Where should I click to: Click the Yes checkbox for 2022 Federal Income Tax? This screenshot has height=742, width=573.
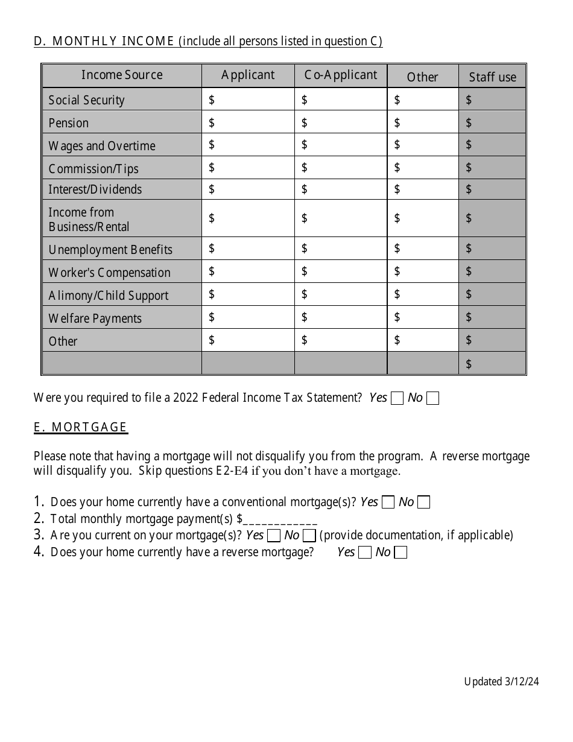pyautogui.click(x=397, y=398)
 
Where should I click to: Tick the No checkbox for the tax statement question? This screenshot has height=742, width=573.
pyautogui.click(x=432, y=398)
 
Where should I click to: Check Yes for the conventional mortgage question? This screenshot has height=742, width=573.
pyautogui.click(x=389, y=503)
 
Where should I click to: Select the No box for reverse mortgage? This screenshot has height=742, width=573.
pyautogui.click(x=400, y=553)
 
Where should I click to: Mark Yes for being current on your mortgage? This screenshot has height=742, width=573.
pyautogui.click(x=274, y=536)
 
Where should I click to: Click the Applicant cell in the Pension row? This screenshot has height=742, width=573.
pyautogui.click(x=248, y=122)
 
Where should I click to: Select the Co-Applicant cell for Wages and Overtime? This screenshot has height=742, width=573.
pyautogui.click(x=341, y=145)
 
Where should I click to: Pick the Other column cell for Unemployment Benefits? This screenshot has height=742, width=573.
pyautogui.click(x=423, y=249)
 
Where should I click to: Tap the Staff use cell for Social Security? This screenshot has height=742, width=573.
pyautogui.click(x=492, y=100)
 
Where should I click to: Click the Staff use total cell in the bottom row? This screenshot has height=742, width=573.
pyautogui.click(x=492, y=363)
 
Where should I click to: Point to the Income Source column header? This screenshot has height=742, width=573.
pyautogui.click(x=122, y=75)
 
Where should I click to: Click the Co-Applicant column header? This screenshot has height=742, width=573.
pyautogui.click(x=341, y=75)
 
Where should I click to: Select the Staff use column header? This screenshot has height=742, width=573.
pyautogui.click(x=492, y=77)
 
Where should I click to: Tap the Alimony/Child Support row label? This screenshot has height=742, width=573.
pyautogui.click(x=109, y=296)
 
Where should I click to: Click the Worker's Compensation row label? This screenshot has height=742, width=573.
pyautogui.click(x=109, y=273)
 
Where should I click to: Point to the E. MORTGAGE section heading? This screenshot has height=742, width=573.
pyautogui.click(x=80, y=428)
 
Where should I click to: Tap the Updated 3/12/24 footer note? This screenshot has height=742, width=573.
pyautogui.click(x=501, y=682)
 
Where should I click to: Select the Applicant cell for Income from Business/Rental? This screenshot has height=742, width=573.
pyautogui.click(x=248, y=218)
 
